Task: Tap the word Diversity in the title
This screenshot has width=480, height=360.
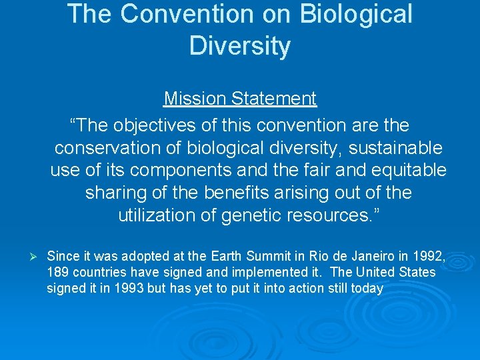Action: (x=240, y=46)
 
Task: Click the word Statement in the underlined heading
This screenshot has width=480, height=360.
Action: (x=274, y=99)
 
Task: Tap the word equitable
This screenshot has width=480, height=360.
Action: (x=406, y=170)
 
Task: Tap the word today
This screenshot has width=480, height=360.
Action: (x=368, y=288)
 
